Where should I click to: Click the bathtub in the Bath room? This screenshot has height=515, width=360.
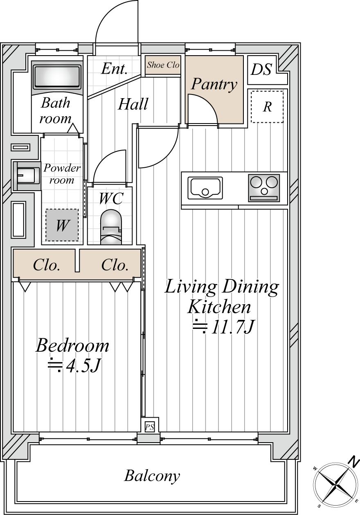57,77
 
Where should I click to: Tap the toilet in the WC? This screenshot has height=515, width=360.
111,227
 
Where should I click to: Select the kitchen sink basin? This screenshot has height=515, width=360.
205,188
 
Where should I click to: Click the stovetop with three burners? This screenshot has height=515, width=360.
264,188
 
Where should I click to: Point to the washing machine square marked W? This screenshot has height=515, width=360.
62,225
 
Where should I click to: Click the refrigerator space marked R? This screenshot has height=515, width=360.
267,107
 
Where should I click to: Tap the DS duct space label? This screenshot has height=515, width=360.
261,70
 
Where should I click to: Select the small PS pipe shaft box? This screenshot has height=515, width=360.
150,427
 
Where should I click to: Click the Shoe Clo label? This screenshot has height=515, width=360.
163,65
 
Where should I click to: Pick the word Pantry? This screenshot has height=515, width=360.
214,85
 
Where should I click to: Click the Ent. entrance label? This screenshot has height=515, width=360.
114,68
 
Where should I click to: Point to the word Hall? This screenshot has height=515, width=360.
133,104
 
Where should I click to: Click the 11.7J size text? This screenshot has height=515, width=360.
223,326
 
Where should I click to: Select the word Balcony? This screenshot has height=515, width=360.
152,476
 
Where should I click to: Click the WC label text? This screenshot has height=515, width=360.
111,198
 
